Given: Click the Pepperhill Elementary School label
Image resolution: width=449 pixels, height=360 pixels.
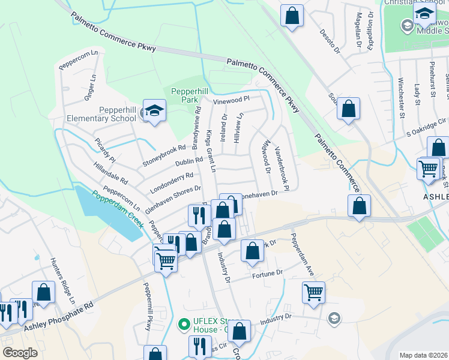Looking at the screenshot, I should (x=118, y=113).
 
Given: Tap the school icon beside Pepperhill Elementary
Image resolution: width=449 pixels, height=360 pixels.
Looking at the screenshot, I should (x=155, y=112).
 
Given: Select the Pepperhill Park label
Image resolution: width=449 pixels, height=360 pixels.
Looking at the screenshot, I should (x=190, y=95).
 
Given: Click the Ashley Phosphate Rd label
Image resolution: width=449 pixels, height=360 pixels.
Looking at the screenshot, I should (x=59, y=317).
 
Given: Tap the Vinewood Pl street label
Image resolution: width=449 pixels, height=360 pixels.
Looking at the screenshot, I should (x=231, y=100).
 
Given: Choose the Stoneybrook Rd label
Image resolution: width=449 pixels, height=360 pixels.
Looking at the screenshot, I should (x=164, y=155).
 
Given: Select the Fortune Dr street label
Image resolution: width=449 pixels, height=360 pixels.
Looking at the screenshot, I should (x=267, y=274).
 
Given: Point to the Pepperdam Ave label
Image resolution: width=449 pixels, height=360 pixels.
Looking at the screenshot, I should (x=303, y=254).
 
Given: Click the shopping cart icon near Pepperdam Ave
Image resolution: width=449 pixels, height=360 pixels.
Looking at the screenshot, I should (x=313, y=293).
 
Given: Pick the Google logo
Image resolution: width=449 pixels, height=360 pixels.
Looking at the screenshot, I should (x=20, y=353).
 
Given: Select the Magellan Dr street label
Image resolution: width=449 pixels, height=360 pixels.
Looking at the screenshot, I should (x=359, y=30).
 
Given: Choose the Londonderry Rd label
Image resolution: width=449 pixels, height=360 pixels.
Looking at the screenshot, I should (x=172, y=180).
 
